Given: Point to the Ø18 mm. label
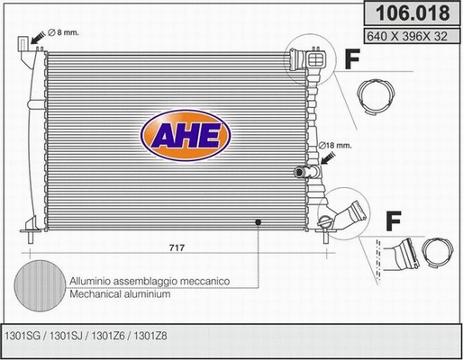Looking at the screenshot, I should point(336,144).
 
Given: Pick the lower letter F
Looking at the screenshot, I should point(392,219).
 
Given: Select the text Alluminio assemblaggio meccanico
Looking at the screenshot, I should point(149,281).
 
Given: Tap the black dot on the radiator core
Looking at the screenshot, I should point(257,221).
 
